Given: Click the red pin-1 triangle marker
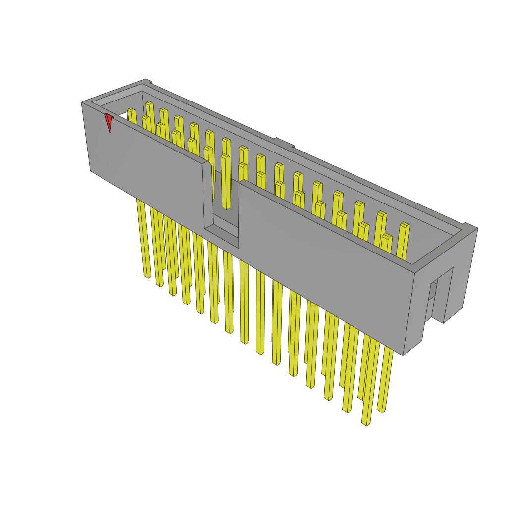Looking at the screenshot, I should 108,122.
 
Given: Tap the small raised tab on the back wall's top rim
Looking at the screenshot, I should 284,142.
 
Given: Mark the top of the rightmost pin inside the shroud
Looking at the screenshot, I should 405,226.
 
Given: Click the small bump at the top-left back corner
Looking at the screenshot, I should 147,81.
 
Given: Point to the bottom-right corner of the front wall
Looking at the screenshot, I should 404,355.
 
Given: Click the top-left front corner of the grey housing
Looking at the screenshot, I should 82,103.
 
